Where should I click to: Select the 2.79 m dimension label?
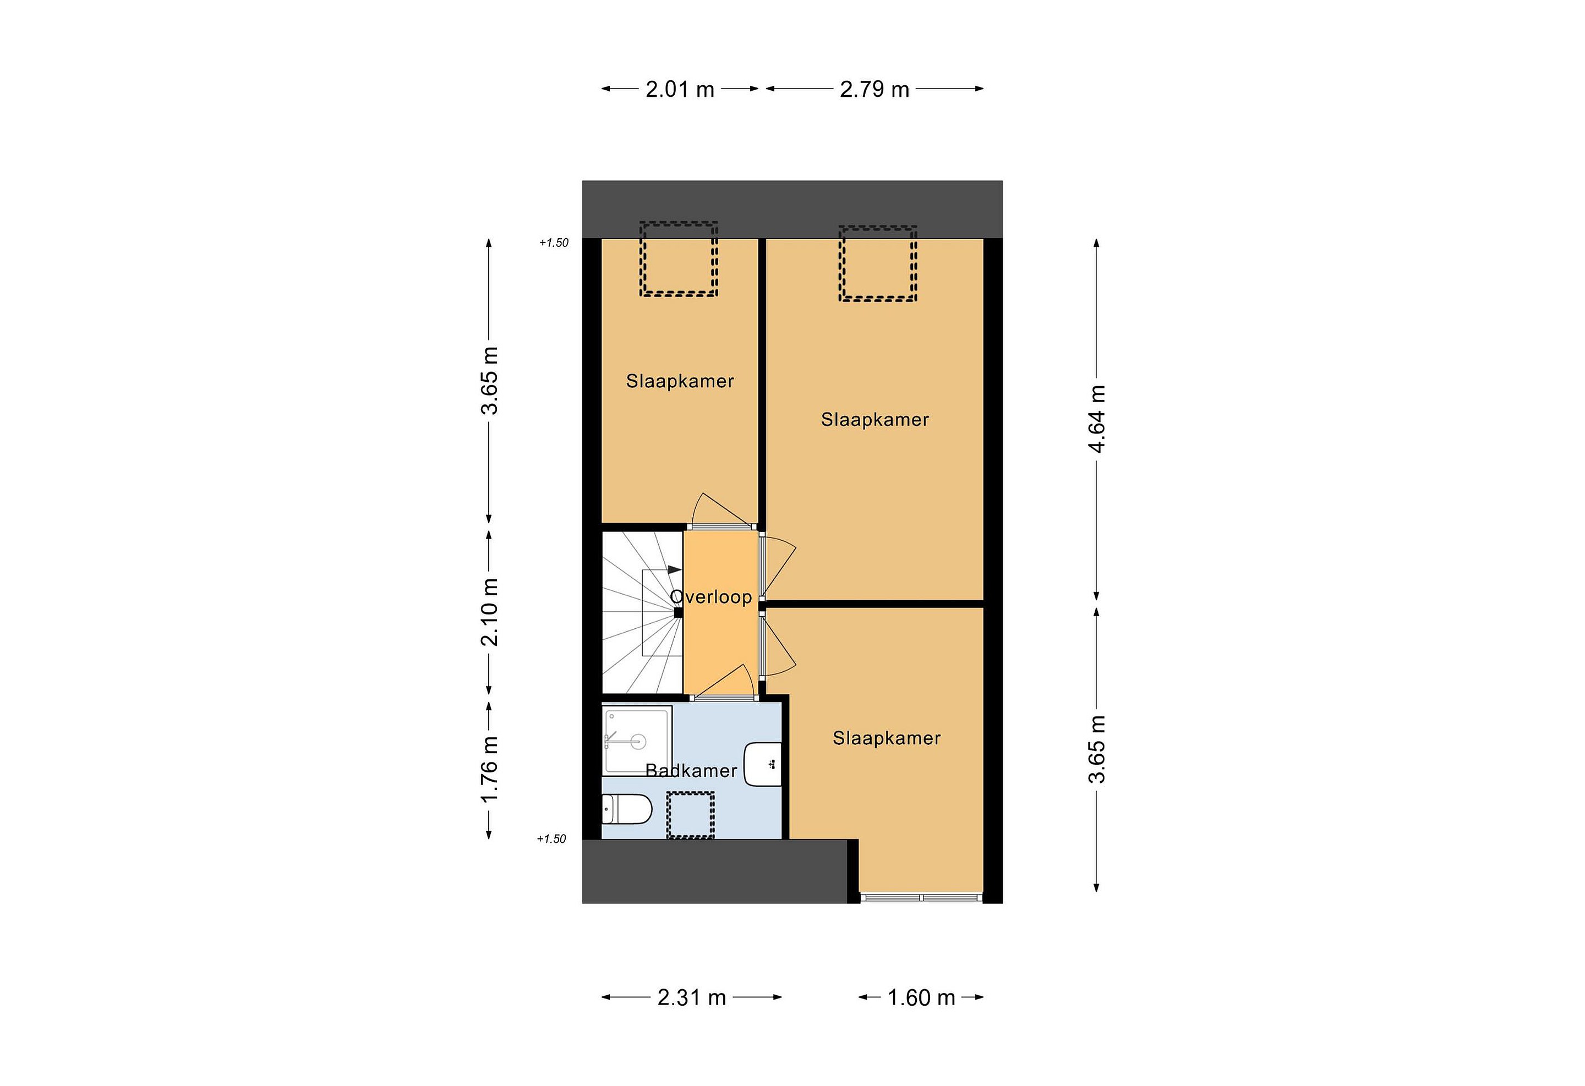pos(875,89)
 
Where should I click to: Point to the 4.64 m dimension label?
pos(1097,419)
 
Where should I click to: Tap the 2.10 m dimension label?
pos(490,612)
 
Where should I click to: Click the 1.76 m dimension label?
pos(490,770)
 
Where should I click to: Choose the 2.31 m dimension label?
pos(692,997)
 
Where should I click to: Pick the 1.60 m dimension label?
pos(921,997)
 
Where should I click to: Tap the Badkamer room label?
pos(691,770)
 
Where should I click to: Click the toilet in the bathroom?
pos(627,809)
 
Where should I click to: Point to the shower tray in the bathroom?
pos(637,741)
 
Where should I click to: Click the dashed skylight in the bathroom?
pos(690,815)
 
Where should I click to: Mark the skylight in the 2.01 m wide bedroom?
pos(679,259)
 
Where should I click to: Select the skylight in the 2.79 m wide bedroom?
pos(878,263)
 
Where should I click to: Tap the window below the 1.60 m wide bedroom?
pos(921,897)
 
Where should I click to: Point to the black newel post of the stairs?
pos(679,613)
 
